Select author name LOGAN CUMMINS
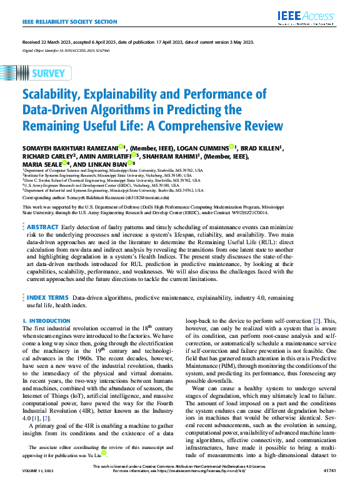click(x=201, y=147)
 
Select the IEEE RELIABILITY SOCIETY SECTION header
click(x=69, y=21)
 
